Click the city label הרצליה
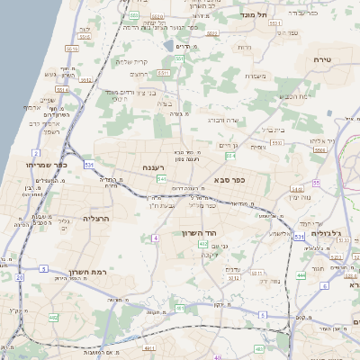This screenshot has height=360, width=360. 95,219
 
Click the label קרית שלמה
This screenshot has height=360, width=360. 131,61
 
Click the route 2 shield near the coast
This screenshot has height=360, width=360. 35,154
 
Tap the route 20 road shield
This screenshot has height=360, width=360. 20,278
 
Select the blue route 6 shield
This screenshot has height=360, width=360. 261,315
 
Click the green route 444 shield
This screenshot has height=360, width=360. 301,275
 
